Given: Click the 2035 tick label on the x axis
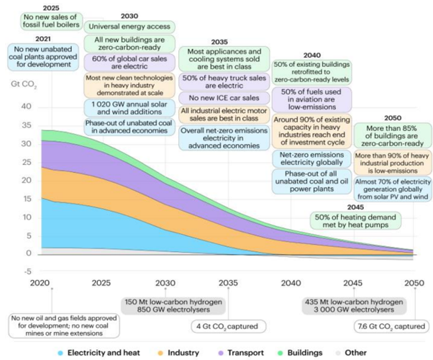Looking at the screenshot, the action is tap(228, 283).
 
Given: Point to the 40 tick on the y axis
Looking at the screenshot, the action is tap(26, 107).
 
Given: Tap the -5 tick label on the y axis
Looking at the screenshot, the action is tap(27, 271).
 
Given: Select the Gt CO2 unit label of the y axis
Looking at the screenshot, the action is tap(24, 84).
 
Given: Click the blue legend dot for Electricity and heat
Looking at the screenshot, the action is tap(60, 353).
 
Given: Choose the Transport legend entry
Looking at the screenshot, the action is tap(241, 353).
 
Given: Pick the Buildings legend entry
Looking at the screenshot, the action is tap(300, 353).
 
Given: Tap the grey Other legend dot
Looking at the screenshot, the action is tap(338, 353).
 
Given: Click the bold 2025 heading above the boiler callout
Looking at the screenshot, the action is tap(51, 8).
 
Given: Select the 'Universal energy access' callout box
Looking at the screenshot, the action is tap(129, 27).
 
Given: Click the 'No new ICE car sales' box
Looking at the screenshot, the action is tap(224, 98).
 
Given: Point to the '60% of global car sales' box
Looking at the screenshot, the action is tap(129, 63).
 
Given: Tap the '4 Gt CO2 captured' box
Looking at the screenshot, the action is tap(229, 326).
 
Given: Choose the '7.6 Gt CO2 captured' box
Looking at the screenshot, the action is tap(391, 326).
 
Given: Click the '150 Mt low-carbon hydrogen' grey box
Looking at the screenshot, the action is tap(173, 306).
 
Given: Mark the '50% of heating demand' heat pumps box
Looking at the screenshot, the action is tap(355, 220).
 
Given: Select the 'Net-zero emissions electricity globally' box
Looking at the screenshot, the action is tap(311, 158).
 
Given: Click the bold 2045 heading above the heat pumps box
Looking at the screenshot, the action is tap(355, 207).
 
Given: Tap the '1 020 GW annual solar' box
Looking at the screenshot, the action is tap(129, 108).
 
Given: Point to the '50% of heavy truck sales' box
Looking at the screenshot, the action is tap(224, 81).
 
